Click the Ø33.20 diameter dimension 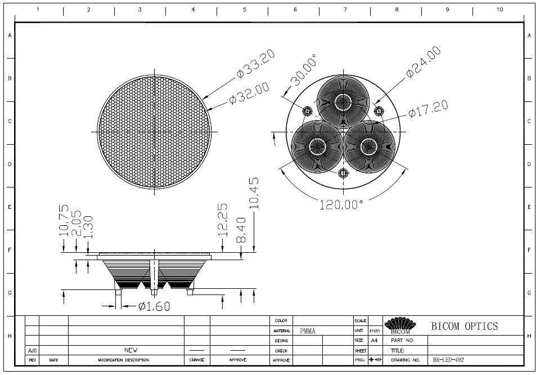click(256, 64)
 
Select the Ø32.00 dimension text click(249, 93)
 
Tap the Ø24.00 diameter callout click(423, 62)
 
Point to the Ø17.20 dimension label click(429, 109)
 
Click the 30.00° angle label click(303, 70)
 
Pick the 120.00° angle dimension click(341, 205)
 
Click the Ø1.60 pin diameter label click(154, 306)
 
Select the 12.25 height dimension click(223, 220)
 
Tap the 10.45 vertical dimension click(254, 193)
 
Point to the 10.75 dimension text click(64, 221)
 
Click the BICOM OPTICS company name click(465, 326)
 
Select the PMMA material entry click(308, 331)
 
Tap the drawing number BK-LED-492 click(448, 360)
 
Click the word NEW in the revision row click(130, 350)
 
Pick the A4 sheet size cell click(375, 341)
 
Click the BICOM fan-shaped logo click(400, 325)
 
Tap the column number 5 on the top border click(245, 10)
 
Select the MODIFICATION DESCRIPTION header click(123, 360)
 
